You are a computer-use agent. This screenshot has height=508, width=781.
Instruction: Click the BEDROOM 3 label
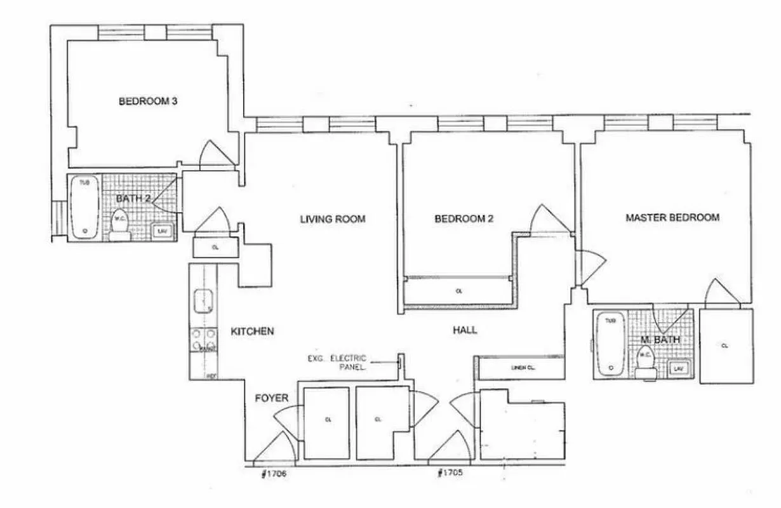pos(147,101)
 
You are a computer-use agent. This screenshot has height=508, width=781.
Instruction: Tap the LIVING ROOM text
pos(333,219)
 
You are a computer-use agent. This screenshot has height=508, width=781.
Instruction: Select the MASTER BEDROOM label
pos(672,218)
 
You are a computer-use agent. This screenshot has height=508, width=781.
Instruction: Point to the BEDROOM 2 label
pos(464,219)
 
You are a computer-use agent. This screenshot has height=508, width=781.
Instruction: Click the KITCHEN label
pos(252,331)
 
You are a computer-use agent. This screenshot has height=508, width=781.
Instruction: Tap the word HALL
pos(465,330)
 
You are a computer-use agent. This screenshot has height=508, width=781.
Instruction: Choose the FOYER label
pos(272,398)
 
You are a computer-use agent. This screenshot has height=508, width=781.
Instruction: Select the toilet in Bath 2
pos(119,225)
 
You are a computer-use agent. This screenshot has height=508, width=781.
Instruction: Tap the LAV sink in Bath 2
pos(161,231)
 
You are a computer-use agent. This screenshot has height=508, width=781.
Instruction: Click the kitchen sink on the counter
pos(203,300)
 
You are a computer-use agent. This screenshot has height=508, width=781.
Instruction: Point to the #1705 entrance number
pos(450,474)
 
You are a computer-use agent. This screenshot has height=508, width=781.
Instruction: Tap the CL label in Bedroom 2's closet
pos(458,291)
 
